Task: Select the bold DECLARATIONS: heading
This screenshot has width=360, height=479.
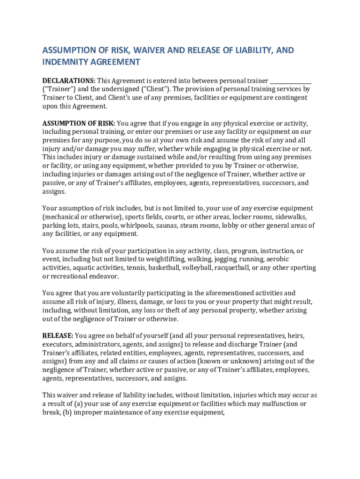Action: point(69,80)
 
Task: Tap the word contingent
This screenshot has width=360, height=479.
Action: point(288,98)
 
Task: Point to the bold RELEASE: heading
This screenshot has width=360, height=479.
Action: point(58,336)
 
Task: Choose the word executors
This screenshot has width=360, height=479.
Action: point(58,344)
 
